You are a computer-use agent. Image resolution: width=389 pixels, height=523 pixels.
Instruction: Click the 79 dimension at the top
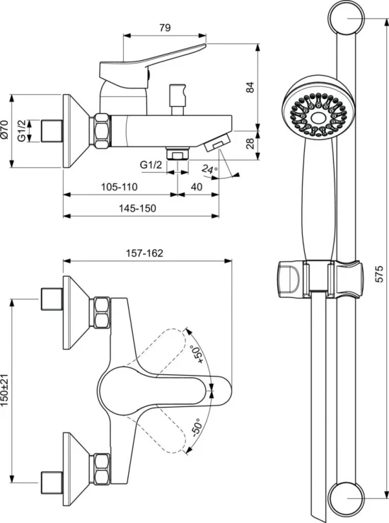[165, 28]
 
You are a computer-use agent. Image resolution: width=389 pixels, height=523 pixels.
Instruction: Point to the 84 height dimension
[250, 87]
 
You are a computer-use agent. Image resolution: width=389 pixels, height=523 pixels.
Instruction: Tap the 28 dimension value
[250, 143]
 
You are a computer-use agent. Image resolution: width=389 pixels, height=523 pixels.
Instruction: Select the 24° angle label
[209, 170]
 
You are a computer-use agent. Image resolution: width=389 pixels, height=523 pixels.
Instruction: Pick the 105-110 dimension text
[120, 187]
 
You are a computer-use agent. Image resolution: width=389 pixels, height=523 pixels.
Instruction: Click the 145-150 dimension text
[137, 209]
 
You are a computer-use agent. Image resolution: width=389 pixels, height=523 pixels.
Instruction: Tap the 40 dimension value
[197, 187]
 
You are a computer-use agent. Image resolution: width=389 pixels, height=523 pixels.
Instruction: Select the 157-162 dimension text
[144, 253]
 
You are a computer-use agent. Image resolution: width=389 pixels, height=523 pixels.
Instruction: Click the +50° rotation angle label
[197, 355]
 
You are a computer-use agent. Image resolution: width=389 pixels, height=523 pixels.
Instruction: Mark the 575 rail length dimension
[379, 274]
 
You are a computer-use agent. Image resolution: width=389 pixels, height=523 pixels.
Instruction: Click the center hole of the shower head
[318, 118]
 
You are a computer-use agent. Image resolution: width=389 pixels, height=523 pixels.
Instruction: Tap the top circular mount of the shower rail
[347, 18]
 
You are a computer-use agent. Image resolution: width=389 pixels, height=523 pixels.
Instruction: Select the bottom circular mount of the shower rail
[347, 498]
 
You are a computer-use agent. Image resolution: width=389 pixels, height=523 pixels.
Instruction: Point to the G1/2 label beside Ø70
[22, 130]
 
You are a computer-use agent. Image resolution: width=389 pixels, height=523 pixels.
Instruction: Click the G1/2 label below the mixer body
[151, 165]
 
